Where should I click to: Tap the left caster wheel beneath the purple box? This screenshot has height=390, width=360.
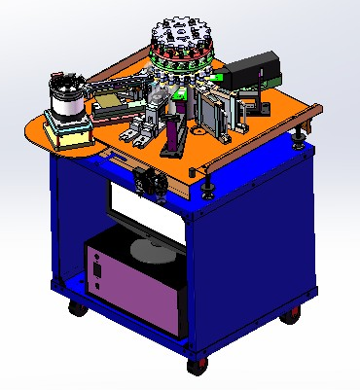[75, 309]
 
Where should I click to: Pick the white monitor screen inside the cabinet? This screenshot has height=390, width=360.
[146, 207]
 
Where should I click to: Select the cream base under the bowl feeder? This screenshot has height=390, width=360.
[70, 135]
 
